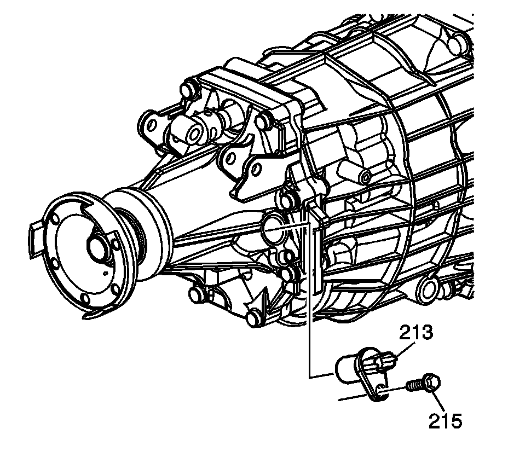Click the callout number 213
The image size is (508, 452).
tap(415, 332)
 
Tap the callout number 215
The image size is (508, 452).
tap(445, 421)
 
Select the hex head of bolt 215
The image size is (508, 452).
tap(431, 383)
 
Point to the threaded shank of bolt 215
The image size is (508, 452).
tap(417, 388)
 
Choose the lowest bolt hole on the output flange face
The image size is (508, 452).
tap(84, 299)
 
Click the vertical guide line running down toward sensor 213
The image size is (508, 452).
tap(309, 306)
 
